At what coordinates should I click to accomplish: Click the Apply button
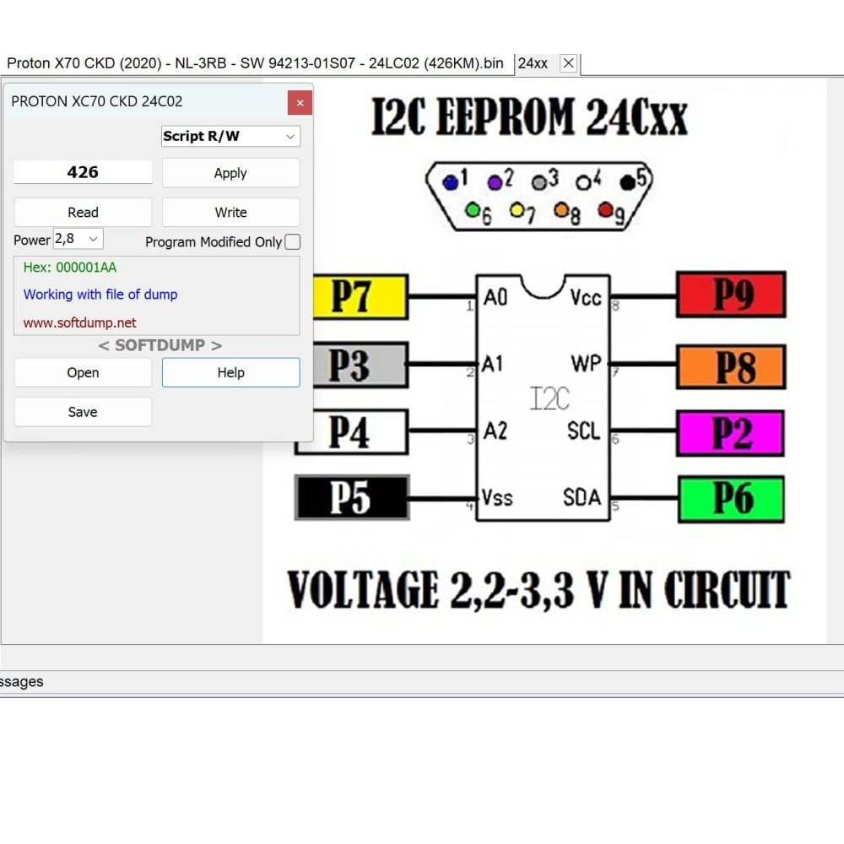230,173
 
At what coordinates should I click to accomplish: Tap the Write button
230,212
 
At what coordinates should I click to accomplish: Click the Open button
83,372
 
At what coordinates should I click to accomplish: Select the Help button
230,372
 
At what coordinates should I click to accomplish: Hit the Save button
83,412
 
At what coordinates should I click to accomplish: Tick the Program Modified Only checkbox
292,242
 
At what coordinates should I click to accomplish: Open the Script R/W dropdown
230,136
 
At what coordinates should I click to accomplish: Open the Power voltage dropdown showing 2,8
78,239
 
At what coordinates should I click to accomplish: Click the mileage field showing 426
83,172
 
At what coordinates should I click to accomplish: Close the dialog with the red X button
300,103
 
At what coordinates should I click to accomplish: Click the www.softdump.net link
79,322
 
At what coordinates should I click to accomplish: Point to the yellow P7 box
360,296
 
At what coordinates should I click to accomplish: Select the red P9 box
731,295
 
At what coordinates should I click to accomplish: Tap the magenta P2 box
730,433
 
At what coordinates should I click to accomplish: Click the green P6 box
731,499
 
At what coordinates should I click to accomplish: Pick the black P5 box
352,497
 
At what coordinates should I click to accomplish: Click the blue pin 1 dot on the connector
450,183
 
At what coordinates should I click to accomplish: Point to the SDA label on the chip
582,497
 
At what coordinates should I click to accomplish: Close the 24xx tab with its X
568,63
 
